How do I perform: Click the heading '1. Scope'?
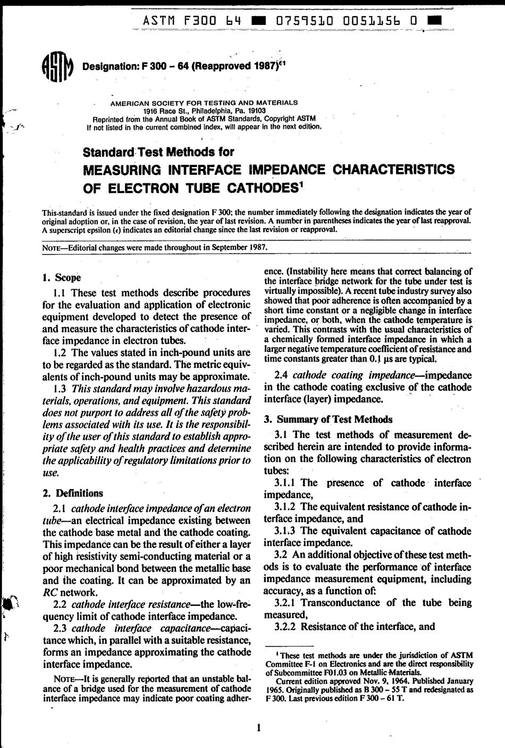(61, 278)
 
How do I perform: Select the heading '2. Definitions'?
(72, 493)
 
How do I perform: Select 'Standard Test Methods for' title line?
(158, 152)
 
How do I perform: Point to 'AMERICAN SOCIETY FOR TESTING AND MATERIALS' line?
(204, 102)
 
